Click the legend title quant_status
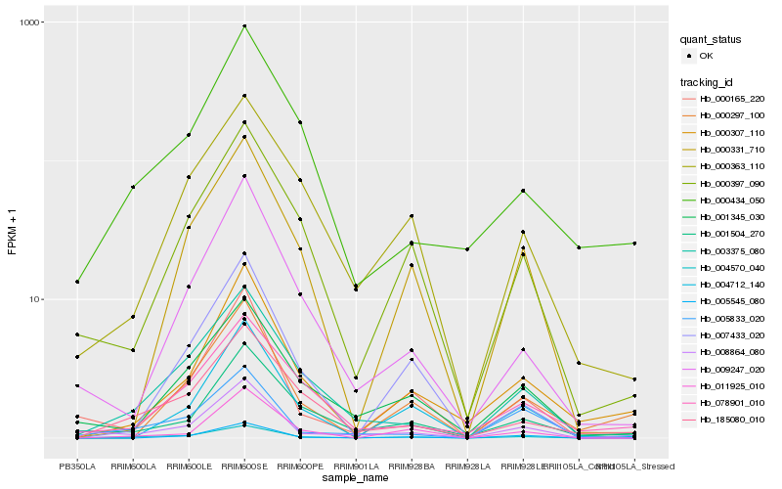pos(713,40)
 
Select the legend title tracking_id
pos(708,81)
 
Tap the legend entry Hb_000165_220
pos(732,99)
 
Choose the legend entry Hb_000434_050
pos(732,199)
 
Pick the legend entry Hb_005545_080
pos(732,302)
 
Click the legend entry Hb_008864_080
pos(732,352)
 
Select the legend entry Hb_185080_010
pos(732,419)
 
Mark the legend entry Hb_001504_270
pos(732,235)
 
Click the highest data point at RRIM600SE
pos(244,26)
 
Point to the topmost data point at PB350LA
pos(77,282)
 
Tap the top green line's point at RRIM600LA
pos(133,187)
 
